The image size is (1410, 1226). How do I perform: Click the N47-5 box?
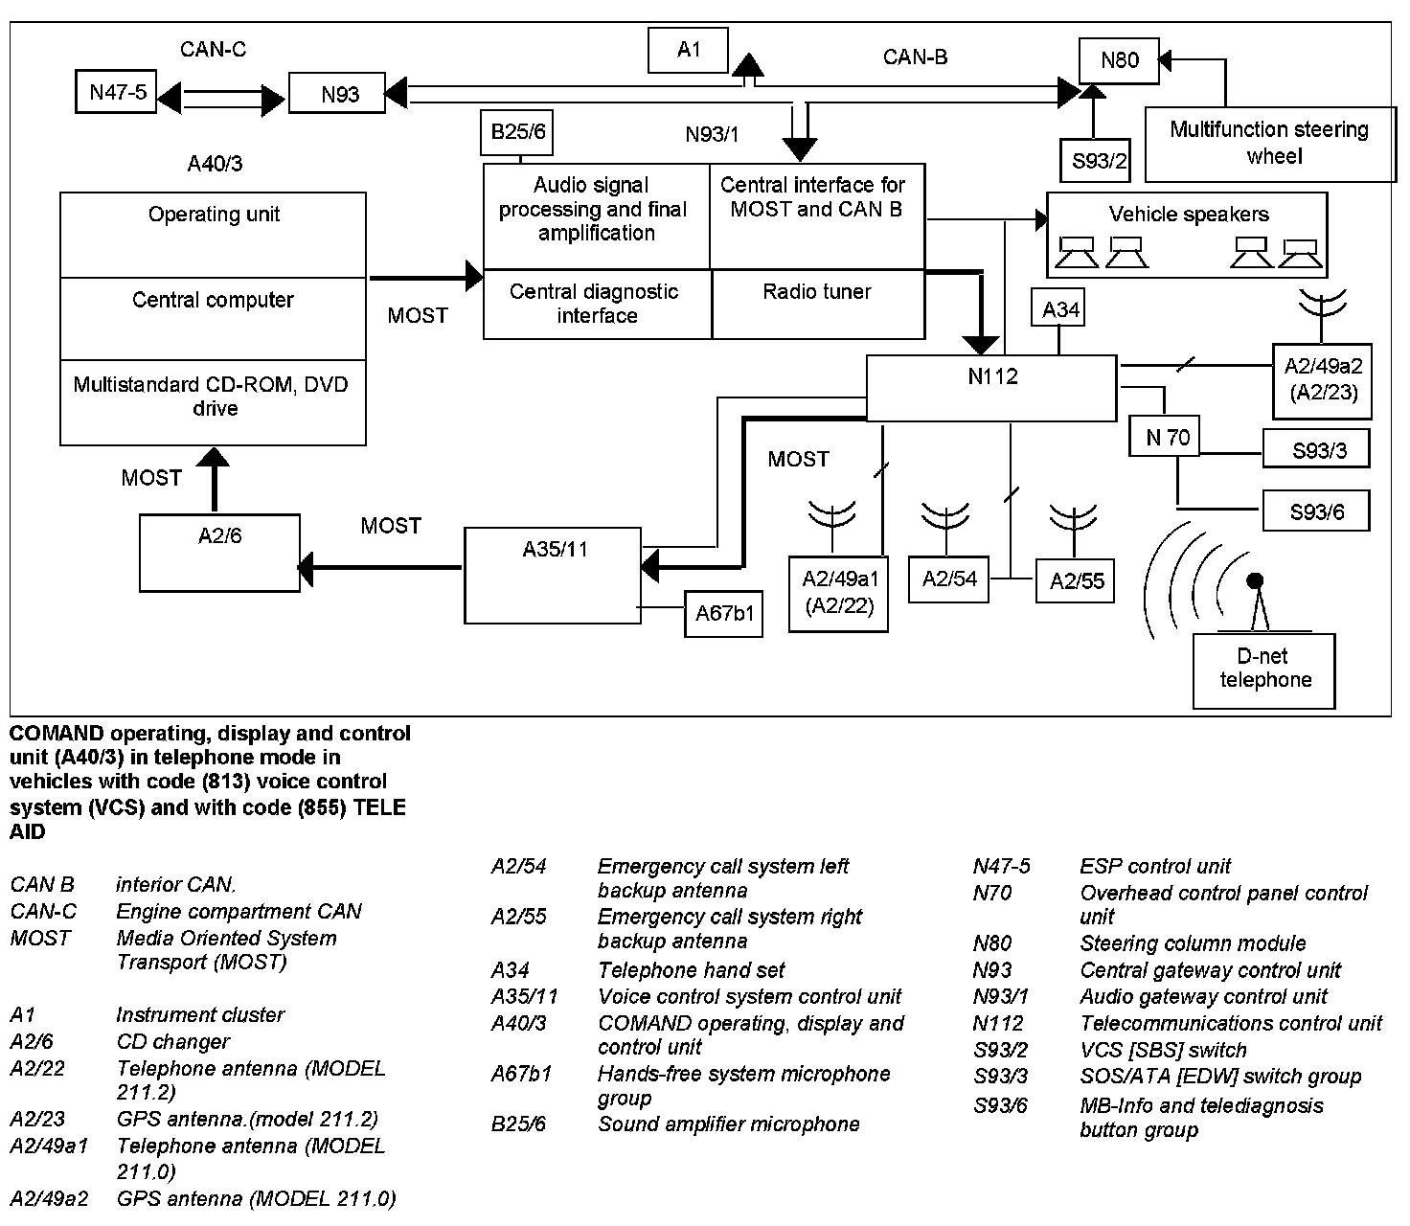(116, 92)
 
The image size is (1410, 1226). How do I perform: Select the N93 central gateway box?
(339, 94)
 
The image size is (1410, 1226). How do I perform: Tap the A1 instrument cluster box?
(688, 50)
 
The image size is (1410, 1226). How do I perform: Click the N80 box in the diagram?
(1118, 61)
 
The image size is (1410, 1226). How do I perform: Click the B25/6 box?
(517, 132)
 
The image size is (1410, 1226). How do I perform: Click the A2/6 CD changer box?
(219, 553)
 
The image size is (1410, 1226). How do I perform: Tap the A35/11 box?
(553, 575)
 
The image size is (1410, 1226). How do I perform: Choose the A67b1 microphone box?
(724, 613)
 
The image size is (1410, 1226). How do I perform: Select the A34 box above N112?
(1059, 309)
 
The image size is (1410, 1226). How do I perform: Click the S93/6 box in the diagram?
(1316, 511)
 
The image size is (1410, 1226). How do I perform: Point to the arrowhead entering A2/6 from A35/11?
(307, 568)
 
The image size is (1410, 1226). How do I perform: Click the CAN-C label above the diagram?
(213, 49)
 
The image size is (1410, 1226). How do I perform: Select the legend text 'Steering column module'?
(1193, 943)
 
